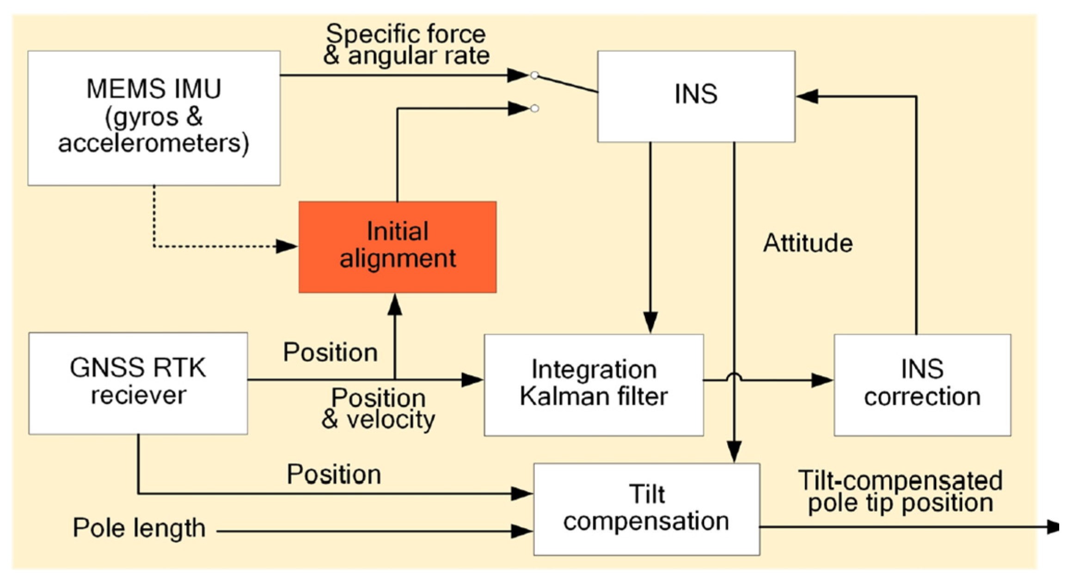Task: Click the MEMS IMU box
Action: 153,118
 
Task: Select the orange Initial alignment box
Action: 398,247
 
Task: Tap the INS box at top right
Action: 696,96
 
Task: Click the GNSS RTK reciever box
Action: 138,383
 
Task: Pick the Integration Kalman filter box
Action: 594,384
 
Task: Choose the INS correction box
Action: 922,384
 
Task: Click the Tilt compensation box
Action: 646,509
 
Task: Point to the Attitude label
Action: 808,243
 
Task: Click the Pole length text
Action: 139,528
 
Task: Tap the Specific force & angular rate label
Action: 406,45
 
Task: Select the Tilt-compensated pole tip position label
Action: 900,491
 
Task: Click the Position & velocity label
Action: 378,408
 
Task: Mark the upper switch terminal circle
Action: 534,75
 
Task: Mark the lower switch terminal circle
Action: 534,109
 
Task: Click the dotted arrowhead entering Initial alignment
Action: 287,246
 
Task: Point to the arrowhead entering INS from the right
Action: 807,96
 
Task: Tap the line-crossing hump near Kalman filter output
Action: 734,377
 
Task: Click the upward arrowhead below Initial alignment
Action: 394,305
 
